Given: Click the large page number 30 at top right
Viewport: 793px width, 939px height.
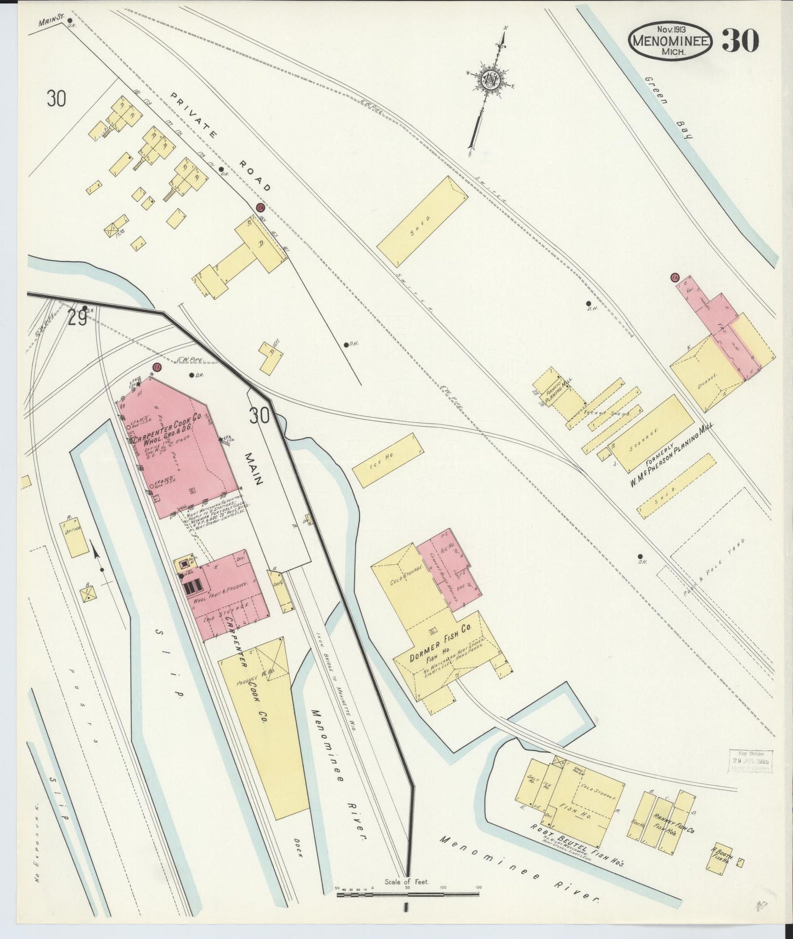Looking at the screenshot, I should [740, 40].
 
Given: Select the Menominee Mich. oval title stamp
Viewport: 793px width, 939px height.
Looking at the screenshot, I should [671, 41].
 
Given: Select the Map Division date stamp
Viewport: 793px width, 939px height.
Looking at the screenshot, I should [750, 761].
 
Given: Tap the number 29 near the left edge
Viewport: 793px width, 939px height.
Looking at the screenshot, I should [77, 318].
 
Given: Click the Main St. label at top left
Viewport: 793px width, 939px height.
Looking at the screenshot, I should [48, 23].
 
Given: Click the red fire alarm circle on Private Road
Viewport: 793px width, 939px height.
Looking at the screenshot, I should [261, 208].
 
